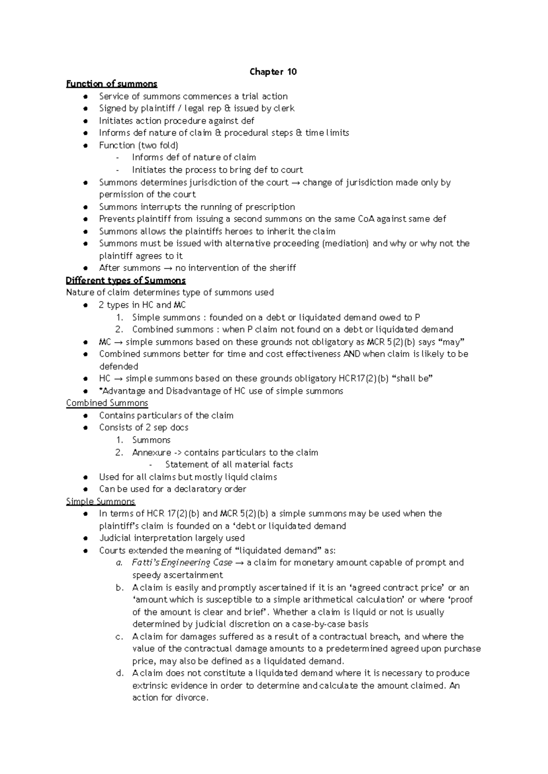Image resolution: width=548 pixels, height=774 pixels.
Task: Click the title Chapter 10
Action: pos(273,72)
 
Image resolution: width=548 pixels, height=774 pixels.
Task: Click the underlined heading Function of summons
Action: pos(111,84)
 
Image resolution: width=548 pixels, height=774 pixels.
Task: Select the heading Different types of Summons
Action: pos(126,281)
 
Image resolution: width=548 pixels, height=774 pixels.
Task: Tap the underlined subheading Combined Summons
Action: pos(107,403)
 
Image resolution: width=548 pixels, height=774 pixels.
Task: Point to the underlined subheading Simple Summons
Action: pos(100,501)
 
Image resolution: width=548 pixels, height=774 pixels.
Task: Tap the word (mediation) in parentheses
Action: pos(346,244)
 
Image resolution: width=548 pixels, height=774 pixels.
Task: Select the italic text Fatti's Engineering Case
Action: pos(182,563)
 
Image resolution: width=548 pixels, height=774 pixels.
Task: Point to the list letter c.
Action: pos(119,637)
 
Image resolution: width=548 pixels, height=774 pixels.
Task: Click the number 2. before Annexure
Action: pos(119,453)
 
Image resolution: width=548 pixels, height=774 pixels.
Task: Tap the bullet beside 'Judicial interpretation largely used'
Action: pos(85,538)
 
